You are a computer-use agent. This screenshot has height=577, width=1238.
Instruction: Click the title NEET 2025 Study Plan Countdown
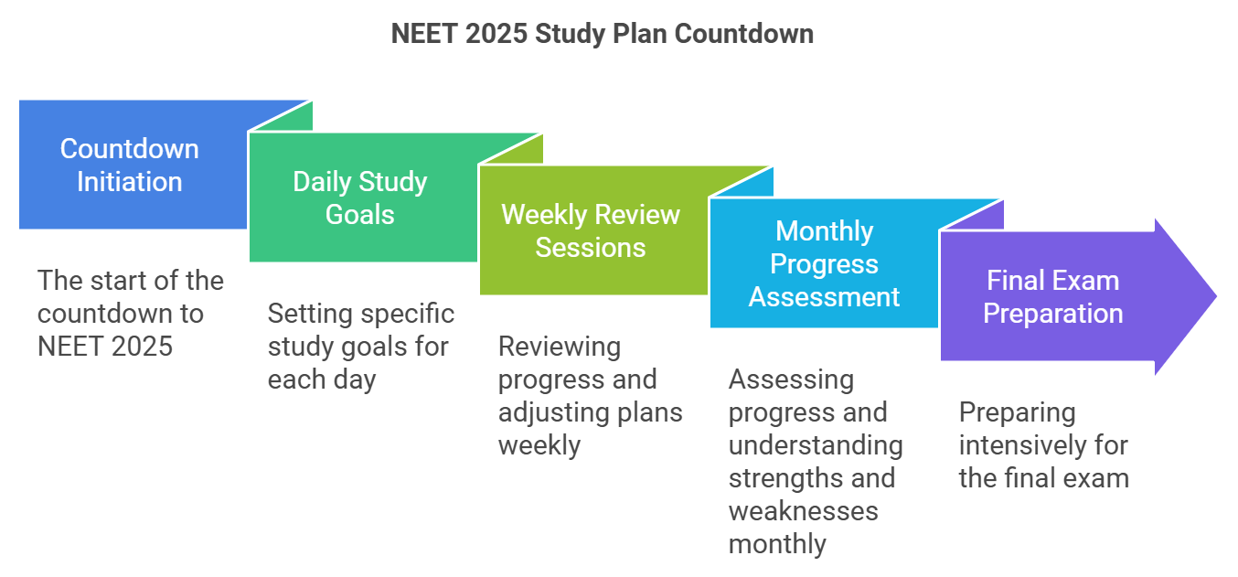tap(602, 34)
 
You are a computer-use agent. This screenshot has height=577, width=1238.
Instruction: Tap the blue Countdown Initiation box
tap(130, 166)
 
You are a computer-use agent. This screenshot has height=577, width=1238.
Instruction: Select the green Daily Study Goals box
tap(360, 198)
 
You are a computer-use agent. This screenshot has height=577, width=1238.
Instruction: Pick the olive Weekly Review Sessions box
tap(591, 231)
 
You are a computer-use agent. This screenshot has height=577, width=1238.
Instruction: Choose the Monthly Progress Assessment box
tap(824, 264)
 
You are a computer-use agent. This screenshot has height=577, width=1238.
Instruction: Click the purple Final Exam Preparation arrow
tap(1053, 297)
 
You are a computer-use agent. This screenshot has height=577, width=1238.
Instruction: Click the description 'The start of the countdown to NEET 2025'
tap(130, 313)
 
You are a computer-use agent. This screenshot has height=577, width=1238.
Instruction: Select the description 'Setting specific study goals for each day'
tap(360, 346)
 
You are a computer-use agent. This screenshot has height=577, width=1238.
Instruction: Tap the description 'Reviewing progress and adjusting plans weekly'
tap(590, 395)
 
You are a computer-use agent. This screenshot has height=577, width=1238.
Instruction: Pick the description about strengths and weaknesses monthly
tap(815, 462)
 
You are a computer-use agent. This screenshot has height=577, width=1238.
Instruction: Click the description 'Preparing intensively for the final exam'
tap(1043, 444)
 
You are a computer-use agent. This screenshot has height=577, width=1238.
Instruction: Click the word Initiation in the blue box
tap(130, 182)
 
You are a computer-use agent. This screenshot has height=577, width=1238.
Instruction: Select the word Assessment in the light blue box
tap(824, 297)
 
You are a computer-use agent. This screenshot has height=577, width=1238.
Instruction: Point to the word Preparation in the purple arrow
tap(1053, 314)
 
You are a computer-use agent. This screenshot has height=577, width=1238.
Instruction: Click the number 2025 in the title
tap(498, 34)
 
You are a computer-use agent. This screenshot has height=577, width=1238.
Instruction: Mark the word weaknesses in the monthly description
tap(803, 510)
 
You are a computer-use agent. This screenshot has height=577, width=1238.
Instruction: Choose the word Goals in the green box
tap(360, 215)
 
